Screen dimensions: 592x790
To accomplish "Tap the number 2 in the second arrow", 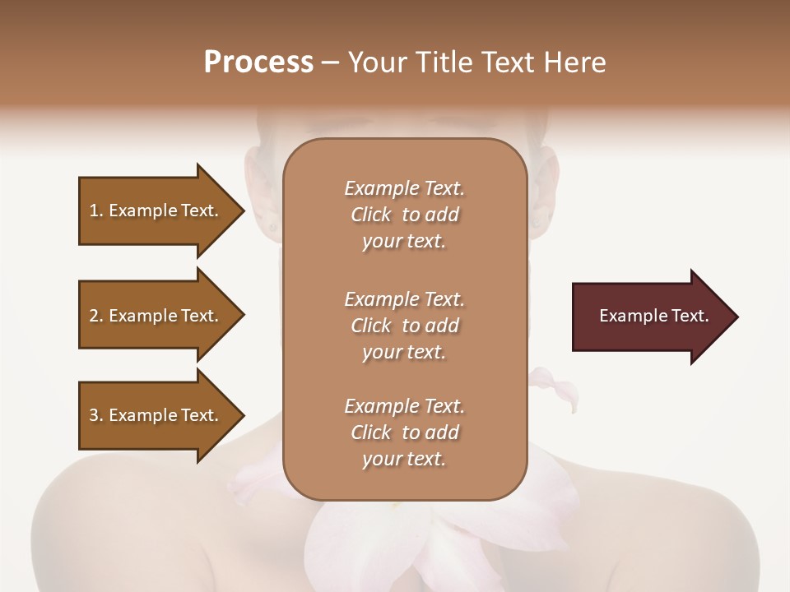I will pyautogui.click(x=94, y=316).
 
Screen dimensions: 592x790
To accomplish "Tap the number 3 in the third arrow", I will pyautogui.click(x=94, y=415).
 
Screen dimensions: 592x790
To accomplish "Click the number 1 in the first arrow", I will pyautogui.click(x=94, y=210).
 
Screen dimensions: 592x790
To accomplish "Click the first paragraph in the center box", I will pyautogui.click(x=404, y=215).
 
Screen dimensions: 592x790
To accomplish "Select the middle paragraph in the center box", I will pyautogui.click(x=404, y=326).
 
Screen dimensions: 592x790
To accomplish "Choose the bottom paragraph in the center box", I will pyautogui.click(x=404, y=432).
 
